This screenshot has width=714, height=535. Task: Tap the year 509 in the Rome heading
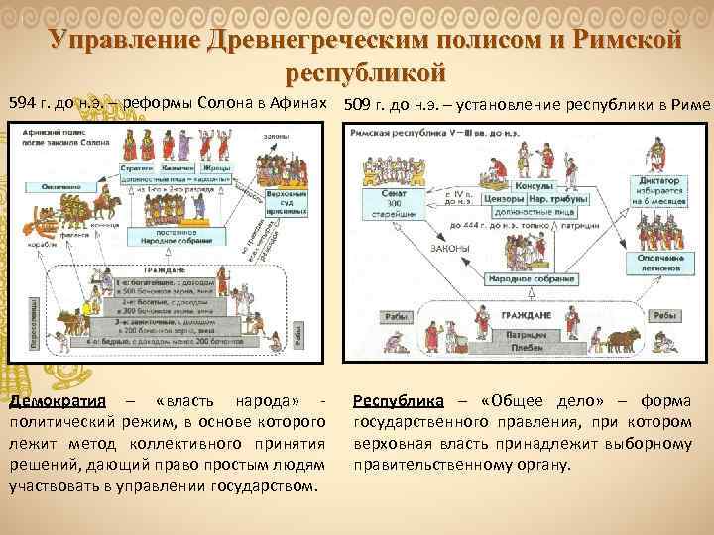coord(358,103)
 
